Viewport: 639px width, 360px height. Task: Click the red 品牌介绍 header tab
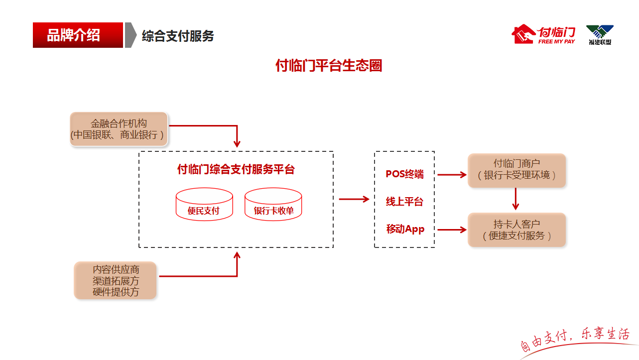(x=78, y=35)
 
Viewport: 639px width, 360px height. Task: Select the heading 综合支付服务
(x=178, y=36)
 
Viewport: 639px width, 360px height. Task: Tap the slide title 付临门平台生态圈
(x=329, y=65)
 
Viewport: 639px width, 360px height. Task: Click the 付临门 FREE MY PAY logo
(x=544, y=34)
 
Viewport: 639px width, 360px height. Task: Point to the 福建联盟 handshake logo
(x=600, y=35)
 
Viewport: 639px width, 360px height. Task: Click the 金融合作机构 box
(x=119, y=129)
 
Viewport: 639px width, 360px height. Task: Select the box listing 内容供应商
(x=116, y=281)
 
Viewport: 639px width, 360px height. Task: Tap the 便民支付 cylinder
(x=204, y=205)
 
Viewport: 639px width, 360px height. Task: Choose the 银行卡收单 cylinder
(x=274, y=205)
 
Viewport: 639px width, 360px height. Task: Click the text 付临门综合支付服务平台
(x=236, y=170)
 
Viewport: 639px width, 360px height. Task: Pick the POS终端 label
(x=404, y=174)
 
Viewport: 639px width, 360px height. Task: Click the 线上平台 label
(x=404, y=202)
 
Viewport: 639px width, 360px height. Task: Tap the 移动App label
(x=405, y=229)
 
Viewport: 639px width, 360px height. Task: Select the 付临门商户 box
(x=516, y=170)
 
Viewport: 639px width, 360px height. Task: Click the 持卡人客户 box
(x=516, y=230)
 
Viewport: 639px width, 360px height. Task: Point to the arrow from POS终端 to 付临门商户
(x=451, y=175)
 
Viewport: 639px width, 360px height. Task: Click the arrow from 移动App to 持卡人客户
(x=451, y=230)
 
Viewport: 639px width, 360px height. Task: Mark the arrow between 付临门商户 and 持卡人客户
(x=516, y=199)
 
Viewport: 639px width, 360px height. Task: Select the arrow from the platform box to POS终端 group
(x=354, y=199)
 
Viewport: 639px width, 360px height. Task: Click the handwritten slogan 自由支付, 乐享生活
(x=575, y=338)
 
